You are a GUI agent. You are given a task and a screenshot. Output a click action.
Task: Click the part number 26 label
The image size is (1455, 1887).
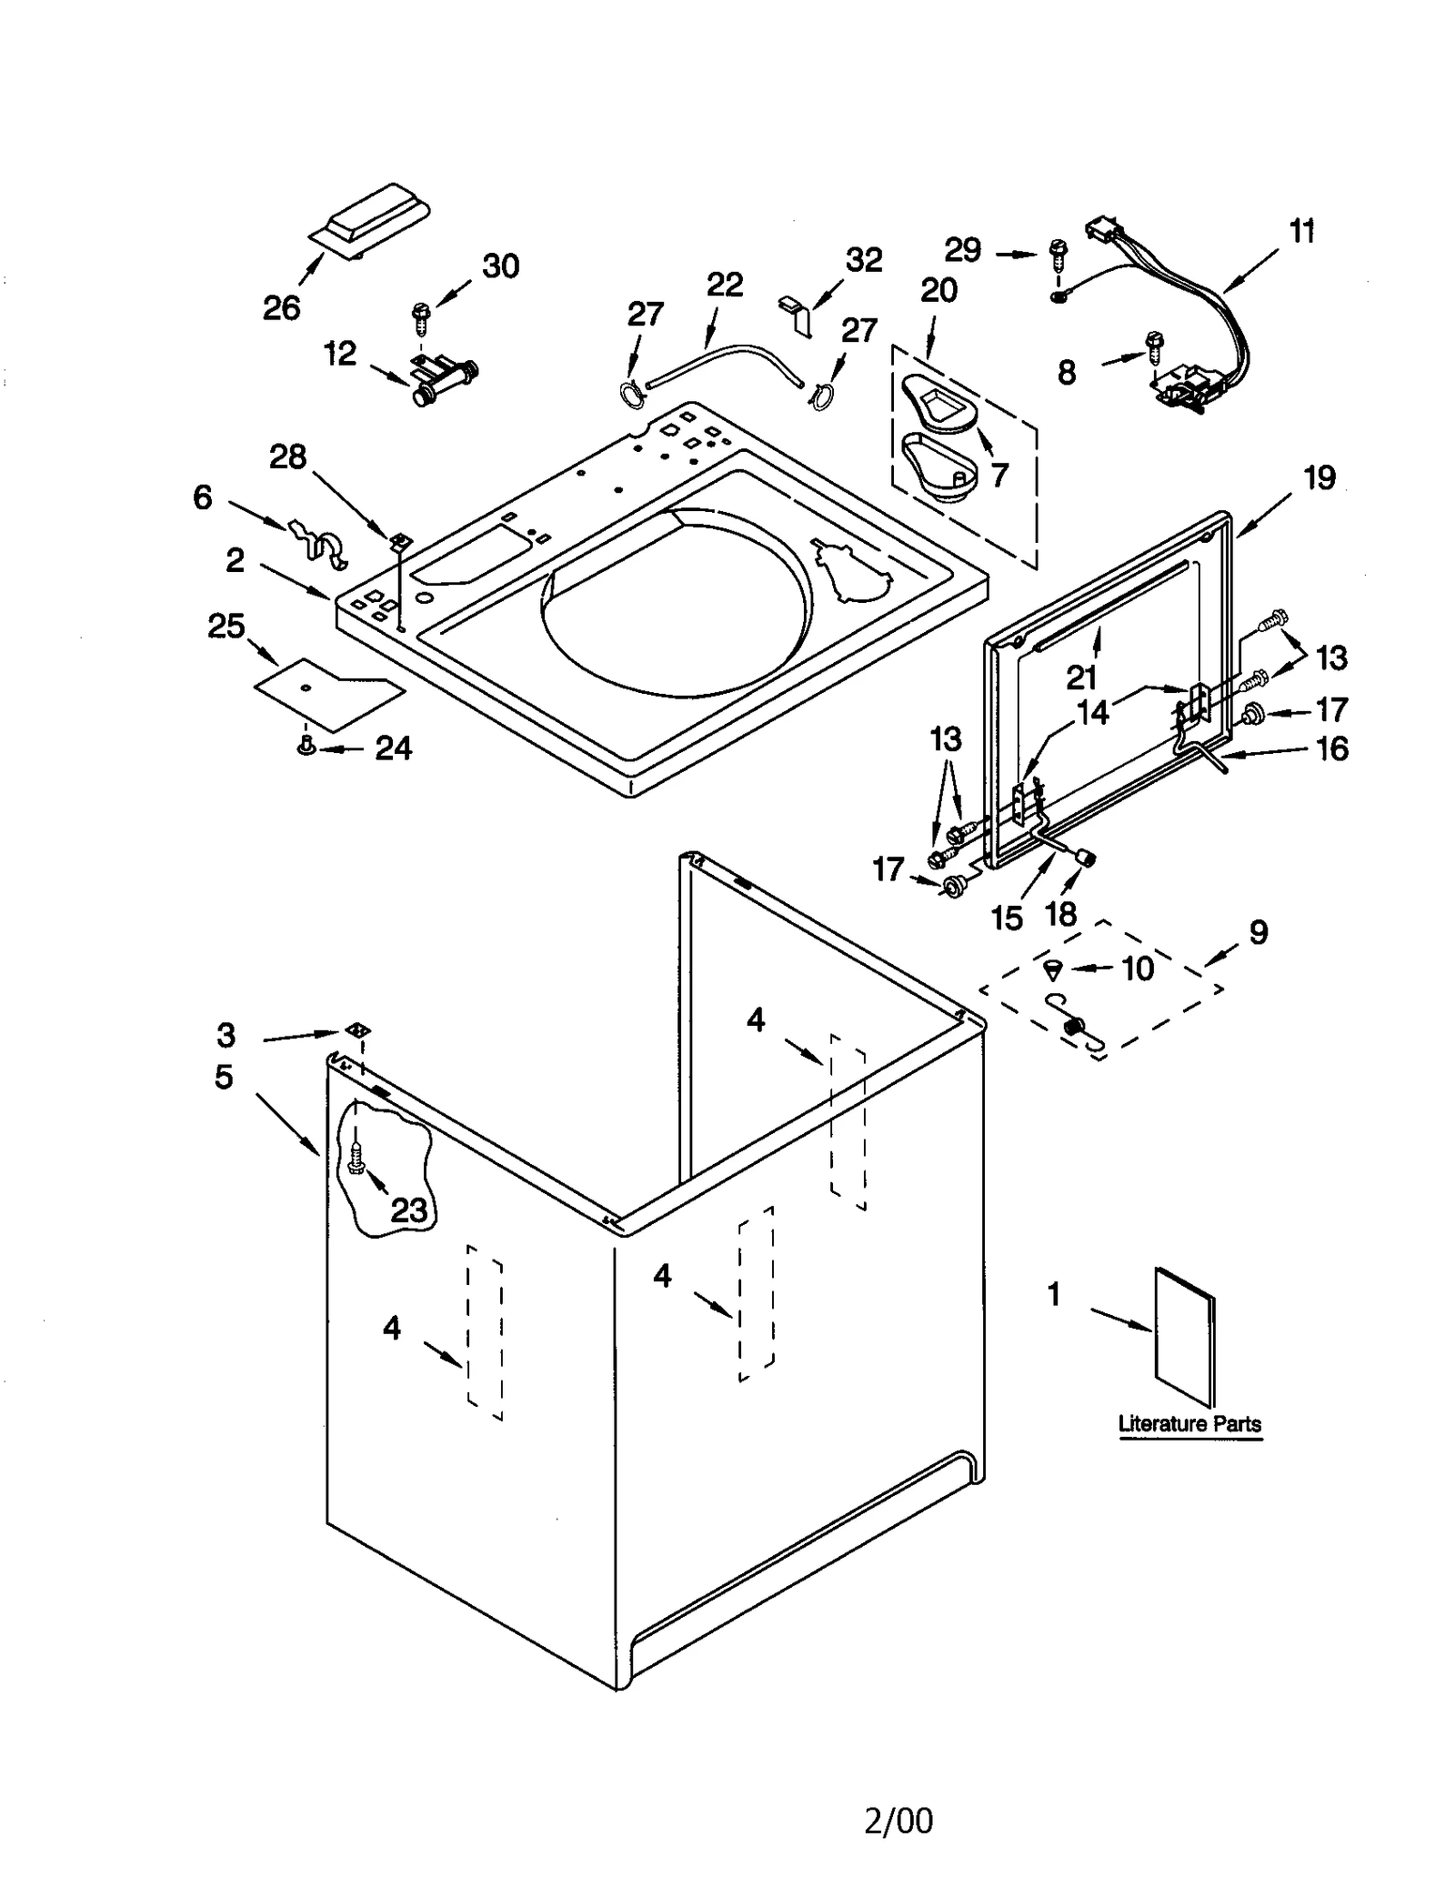click(x=281, y=308)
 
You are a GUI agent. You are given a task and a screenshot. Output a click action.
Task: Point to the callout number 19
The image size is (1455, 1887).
click(x=1320, y=477)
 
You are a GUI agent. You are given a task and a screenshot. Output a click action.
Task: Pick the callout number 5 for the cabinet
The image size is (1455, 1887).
click(x=224, y=1077)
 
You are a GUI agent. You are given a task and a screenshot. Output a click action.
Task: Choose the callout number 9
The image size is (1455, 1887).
click(x=1259, y=932)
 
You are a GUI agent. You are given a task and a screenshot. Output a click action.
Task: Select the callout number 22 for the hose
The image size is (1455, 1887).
click(x=725, y=285)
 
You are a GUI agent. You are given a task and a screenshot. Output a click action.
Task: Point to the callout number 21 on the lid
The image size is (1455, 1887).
click(x=1082, y=677)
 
